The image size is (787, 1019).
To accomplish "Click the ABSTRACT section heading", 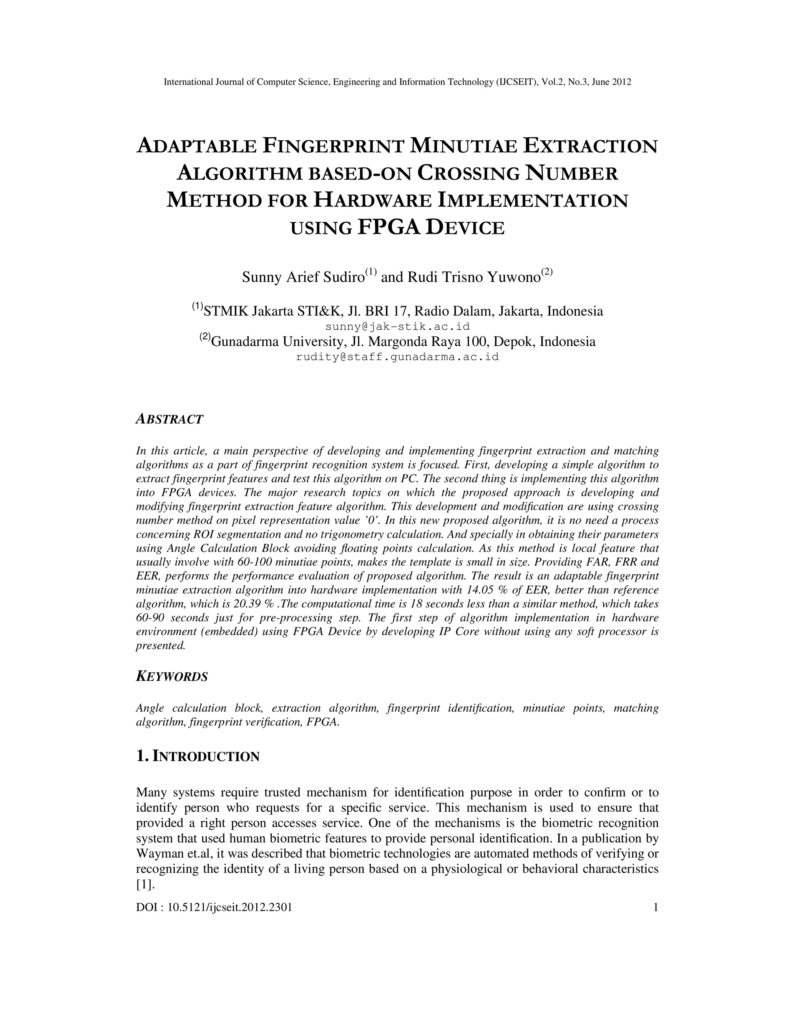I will [x=169, y=419].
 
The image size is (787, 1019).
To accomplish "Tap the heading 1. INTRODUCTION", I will [x=198, y=756].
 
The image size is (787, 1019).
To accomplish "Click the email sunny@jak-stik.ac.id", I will [x=397, y=326].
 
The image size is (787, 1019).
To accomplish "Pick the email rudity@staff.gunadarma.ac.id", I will [x=397, y=357].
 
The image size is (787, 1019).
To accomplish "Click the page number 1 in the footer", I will [x=656, y=907].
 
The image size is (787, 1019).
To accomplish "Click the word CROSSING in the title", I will [x=468, y=173].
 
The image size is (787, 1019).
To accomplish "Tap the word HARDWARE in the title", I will [x=372, y=200].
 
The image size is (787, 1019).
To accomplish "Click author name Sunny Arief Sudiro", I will [x=303, y=277].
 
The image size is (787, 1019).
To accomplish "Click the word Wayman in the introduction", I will [x=157, y=854].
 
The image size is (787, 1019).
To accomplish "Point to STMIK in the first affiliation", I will [x=226, y=311].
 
